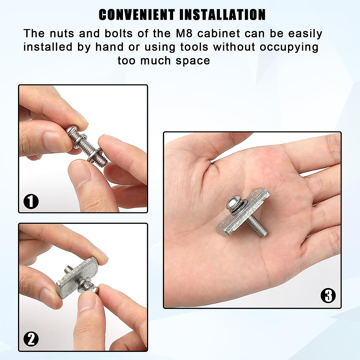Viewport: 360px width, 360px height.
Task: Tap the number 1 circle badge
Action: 31,201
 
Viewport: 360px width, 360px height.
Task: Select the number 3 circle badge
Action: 328,296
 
